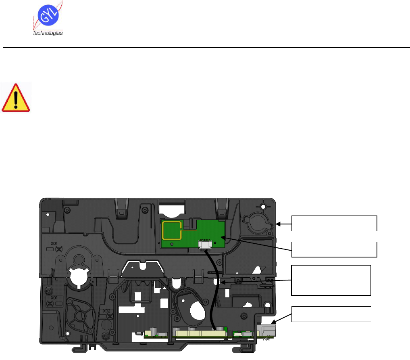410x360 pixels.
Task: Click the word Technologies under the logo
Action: click(x=48, y=33)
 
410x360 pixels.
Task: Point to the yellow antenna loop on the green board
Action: click(x=172, y=230)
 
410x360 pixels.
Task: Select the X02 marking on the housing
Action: click(x=106, y=311)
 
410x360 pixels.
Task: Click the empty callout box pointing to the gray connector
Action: click(x=331, y=314)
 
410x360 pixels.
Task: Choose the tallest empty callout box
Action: click(x=331, y=280)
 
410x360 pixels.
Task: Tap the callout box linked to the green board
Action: click(x=334, y=249)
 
